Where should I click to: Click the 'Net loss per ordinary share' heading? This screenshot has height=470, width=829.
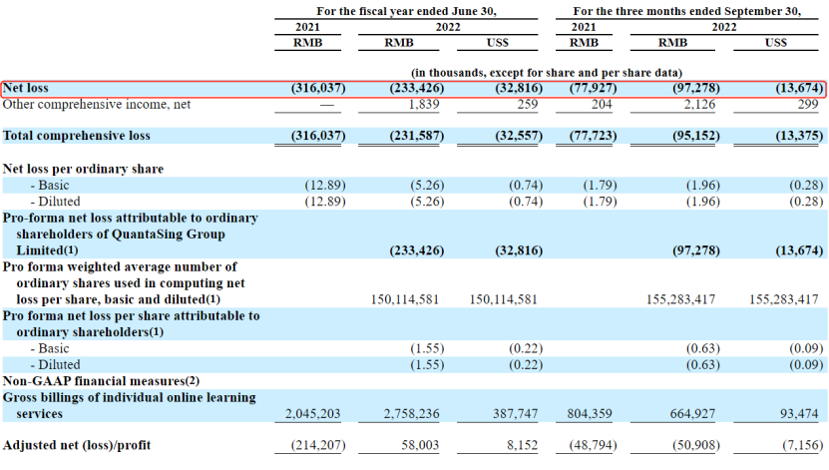[x=83, y=169]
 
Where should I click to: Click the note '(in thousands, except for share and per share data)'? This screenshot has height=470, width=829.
[x=547, y=73]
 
